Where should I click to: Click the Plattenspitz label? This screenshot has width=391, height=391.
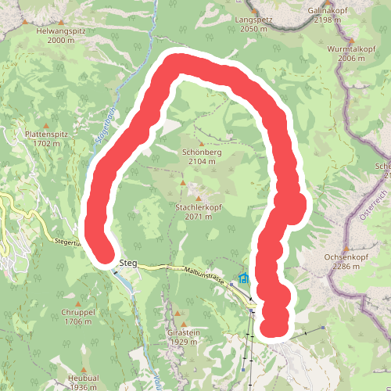pos(47,134)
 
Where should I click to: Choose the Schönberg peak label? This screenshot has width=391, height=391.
pos(201,152)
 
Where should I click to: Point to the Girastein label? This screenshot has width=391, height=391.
pos(184,332)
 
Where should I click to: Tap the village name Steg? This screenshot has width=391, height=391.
pos(129,264)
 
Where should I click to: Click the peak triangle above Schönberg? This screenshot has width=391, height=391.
pos(201,143)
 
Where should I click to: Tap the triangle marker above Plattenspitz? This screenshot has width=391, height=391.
pos(47,124)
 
